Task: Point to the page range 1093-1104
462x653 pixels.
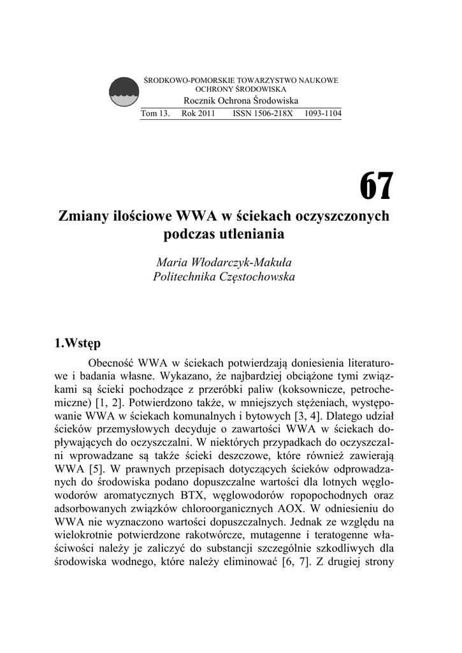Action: (x=323, y=114)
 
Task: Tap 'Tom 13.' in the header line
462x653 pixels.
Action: (x=155, y=114)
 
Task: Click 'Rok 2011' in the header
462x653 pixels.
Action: (x=198, y=114)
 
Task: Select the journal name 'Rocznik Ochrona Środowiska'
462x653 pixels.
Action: (x=240, y=101)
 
